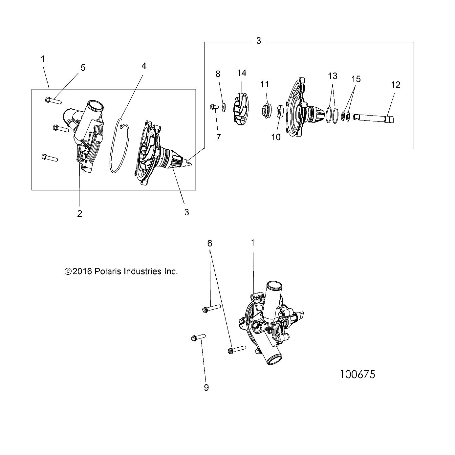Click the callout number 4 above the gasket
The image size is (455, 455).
(143, 66)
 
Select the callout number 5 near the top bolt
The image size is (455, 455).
(83, 68)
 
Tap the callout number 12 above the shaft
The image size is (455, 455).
(396, 85)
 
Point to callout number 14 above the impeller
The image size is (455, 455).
(242, 73)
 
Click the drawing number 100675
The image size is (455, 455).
(357, 374)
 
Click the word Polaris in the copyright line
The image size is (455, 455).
(107, 271)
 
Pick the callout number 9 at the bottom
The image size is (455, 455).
(206, 388)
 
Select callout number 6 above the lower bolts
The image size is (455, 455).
(210, 243)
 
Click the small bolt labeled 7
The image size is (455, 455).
(212, 106)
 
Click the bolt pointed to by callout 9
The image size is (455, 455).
(198, 337)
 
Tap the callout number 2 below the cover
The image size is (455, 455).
(79, 213)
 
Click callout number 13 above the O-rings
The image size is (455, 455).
(332, 76)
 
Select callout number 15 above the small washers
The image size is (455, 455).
(356, 79)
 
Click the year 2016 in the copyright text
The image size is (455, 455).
(83, 271)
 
